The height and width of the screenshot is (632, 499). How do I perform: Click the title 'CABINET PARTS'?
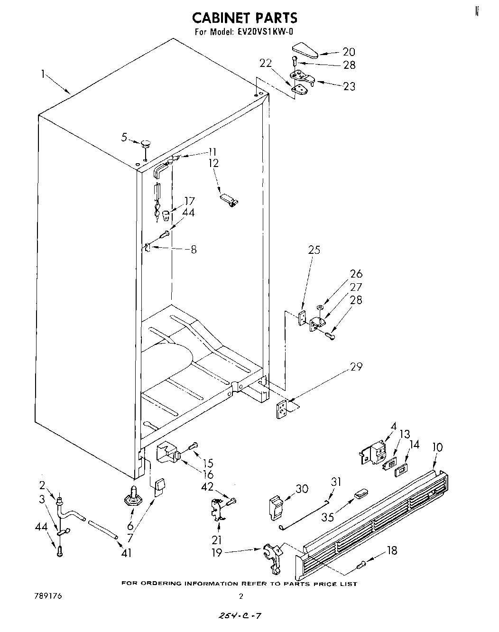tap(244, 18)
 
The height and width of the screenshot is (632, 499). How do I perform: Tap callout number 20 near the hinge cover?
tap(349, 52)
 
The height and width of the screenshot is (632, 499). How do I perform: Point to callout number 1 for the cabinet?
tap(44, 74)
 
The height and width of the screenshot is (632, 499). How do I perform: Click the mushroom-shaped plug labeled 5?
tap(145, 142)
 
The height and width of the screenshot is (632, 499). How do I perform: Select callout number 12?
tap(214, 163)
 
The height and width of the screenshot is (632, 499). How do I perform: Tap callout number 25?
tap(314, 250)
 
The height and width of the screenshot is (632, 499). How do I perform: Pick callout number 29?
tap(356, 367)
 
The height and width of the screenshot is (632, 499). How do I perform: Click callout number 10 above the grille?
tap(437, 447)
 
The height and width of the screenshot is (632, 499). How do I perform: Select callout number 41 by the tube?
tap(126, 553)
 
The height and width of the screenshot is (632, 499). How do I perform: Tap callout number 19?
tap(216, 553)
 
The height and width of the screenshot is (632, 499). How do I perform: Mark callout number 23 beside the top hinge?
tap(349, 86)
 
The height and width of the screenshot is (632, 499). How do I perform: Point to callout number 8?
tap(193, 249)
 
